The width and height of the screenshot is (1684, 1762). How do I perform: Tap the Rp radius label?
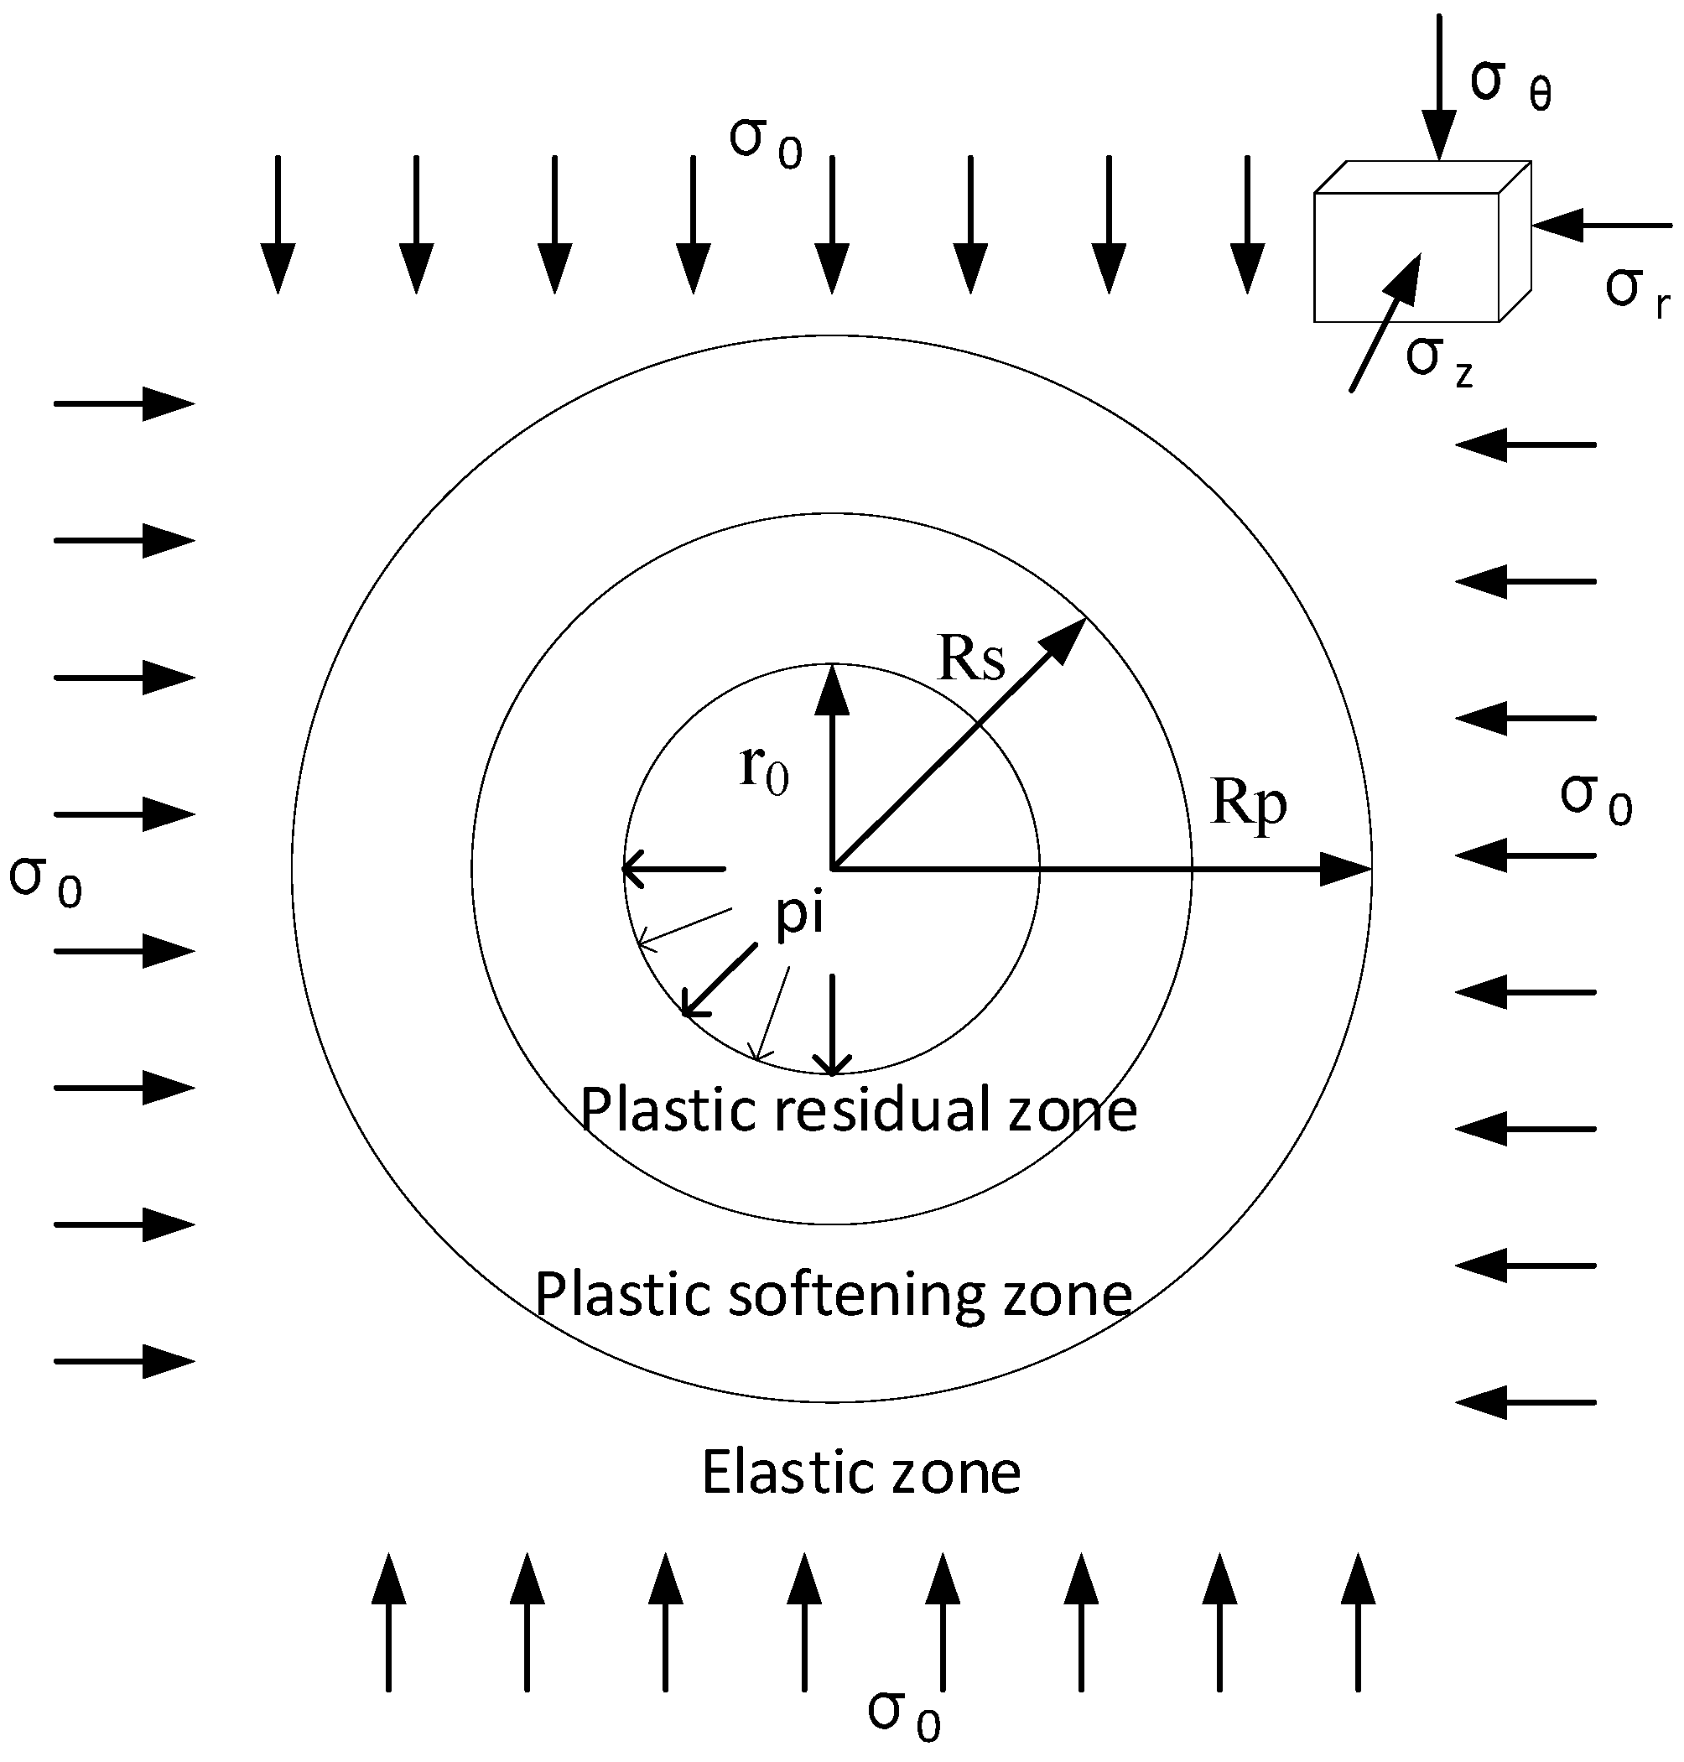pyautogui.click(x=1249, y=803)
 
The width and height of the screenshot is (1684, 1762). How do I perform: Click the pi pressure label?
pyautogui.click(x=799, y=916)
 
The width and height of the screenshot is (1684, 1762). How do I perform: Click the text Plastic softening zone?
pyautogui.click(x=833, y=1295)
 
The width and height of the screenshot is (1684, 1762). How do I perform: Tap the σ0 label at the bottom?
pyautogui.click(x=903, y=1715)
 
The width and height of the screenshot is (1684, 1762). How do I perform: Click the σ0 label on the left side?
pyautogui.click(x=45, y=881)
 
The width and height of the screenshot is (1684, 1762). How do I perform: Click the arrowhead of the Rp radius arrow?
pyautogui.click(x=1347, y=870)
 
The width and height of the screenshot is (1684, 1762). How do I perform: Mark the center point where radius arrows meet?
pyautogui.click(x=833, y=869)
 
